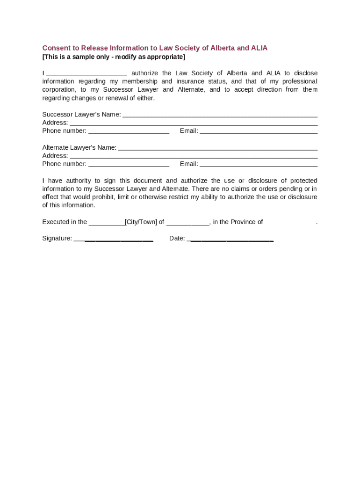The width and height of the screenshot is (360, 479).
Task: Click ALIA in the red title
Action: tap(259, 48)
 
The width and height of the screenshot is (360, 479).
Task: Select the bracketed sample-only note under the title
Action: tap(114, 57)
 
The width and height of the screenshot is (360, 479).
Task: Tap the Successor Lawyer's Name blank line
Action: tap(220, 115)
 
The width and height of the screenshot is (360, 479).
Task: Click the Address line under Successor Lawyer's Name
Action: tap(194, 123)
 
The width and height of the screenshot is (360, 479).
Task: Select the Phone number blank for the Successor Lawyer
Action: tap(129, 131)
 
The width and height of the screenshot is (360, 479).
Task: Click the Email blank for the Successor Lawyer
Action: tap(259, 131)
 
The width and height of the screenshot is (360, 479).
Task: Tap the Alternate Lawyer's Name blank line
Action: tap(218, 148)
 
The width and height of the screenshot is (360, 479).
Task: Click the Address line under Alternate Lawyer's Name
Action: tap(194, 156)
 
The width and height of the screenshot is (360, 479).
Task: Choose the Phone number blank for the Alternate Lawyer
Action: tap(129, 165)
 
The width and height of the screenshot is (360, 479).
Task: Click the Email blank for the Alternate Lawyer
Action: tap(259, 165)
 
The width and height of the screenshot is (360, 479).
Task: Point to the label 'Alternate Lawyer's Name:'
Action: tap(79, 148)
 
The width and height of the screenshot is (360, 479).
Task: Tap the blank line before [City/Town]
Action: tap(107, 223)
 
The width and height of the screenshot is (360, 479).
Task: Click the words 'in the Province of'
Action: tap(238, 222)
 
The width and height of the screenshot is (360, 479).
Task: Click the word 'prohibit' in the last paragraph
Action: tap(104, 197)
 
